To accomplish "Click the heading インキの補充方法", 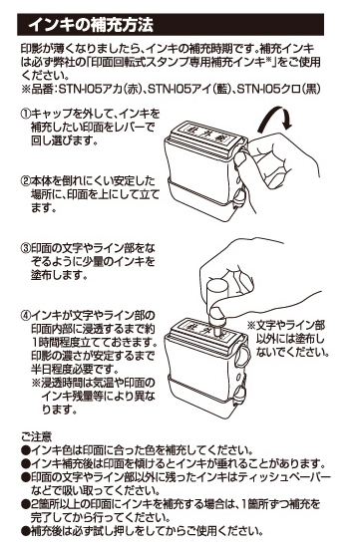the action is click(91, 25).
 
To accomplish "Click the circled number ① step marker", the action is click(26, 114).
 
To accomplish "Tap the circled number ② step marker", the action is click(26, 181).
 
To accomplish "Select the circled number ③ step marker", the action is click(26, 249).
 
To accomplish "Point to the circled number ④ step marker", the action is click(26, 315).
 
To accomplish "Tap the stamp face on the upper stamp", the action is click(204, 133).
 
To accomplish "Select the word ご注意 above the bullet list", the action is click(36, 436).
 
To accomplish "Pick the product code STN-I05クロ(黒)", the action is click(278, 89).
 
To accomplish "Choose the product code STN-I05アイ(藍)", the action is click(187, 89).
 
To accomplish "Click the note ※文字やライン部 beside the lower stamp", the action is click(285, 325).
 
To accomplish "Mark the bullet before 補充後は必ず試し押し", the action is click(26, 531).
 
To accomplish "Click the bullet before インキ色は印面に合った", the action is click(26, 450).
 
